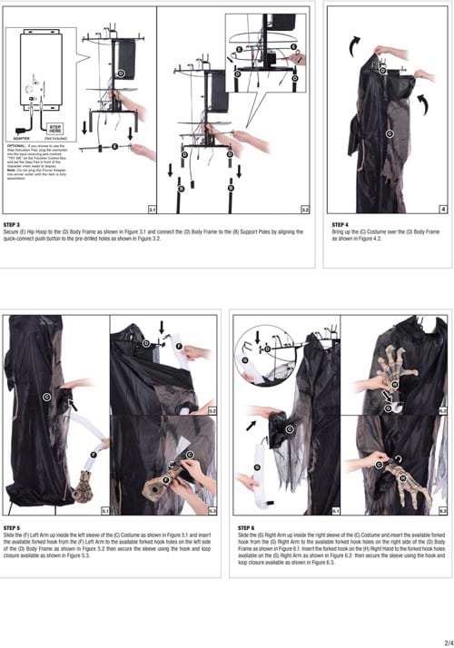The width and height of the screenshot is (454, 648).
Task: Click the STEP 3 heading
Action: [14, 223]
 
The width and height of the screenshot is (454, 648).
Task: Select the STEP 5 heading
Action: [14, 526]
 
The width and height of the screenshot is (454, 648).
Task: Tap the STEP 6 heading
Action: [247, 526]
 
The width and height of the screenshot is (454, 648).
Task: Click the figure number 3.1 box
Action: [152, 209]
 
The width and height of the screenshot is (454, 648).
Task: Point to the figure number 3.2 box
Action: [306, 209]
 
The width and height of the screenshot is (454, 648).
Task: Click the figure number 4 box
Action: [442, 209]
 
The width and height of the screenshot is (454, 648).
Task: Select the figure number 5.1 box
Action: [104, 512]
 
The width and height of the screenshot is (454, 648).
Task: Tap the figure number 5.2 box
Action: [212, 410]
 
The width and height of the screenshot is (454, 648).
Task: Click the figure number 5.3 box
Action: [212, 512]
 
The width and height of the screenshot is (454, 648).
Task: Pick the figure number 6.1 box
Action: [337, 512]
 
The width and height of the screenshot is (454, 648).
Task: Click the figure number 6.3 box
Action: [443, 512]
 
